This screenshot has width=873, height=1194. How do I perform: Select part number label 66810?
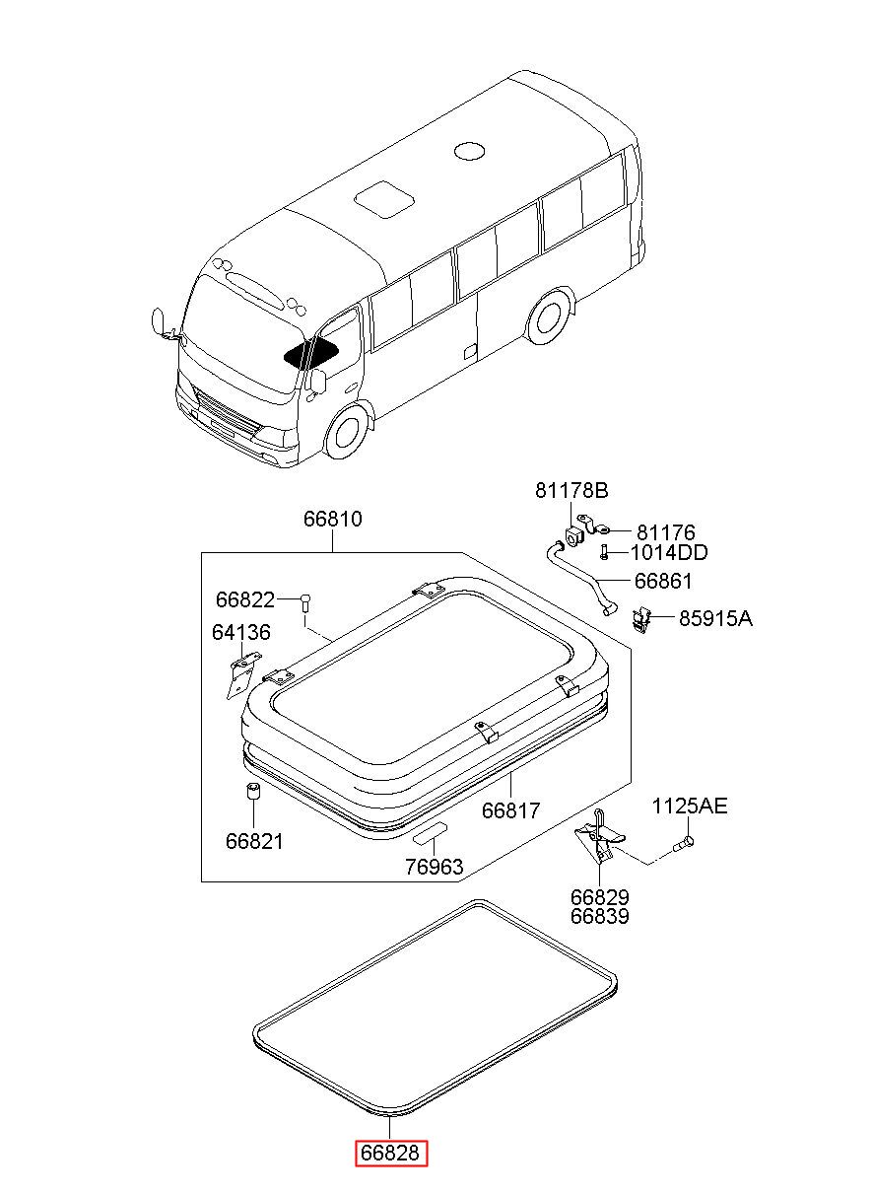point(333,519)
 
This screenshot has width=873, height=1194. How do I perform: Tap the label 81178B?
point(571,490)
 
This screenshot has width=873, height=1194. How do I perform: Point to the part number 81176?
point(666,532)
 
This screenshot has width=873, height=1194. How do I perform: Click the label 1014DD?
point(669,553)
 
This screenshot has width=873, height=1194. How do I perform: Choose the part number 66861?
point(663,581)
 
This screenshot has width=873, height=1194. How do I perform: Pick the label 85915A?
point(715,618)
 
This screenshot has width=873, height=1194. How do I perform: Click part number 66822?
point(245,600)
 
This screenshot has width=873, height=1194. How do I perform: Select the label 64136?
point(241,632)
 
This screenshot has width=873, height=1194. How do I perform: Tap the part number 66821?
point(254,842)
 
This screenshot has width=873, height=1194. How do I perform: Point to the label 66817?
point(510,810)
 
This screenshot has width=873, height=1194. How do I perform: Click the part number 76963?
point(435,867)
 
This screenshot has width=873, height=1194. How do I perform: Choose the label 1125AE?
point(690,807)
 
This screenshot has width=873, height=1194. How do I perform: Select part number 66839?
point(600,916)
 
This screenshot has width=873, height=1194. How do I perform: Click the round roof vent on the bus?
point(470,151)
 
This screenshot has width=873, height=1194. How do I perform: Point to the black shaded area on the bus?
point(311,354)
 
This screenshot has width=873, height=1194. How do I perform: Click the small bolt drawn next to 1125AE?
point(683,844)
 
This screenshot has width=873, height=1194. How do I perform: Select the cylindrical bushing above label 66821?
point(254,791)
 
